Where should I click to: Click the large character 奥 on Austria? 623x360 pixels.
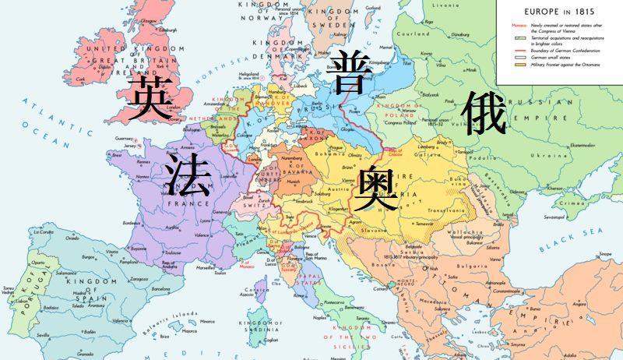(x=375, y=188)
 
